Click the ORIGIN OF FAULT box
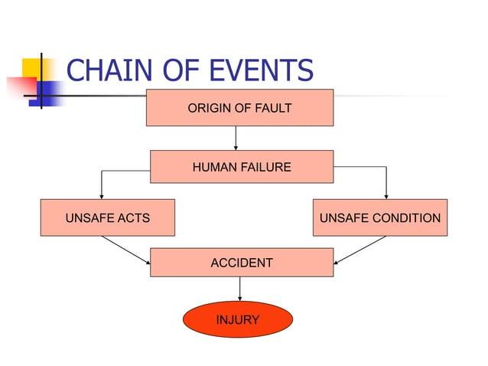click(x=239, y=107)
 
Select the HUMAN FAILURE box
click(x=241, y=166)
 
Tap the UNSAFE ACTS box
click(x=107, y=217)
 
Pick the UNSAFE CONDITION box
click(x=379, y=217)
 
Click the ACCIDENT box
click(x=241, y=263)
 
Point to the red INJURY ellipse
click(x=237, y=319)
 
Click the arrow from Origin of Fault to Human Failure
click(x=236, y=138)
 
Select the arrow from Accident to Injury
click(x=240, y=289)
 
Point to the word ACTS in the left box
click(x=132, y=218)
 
